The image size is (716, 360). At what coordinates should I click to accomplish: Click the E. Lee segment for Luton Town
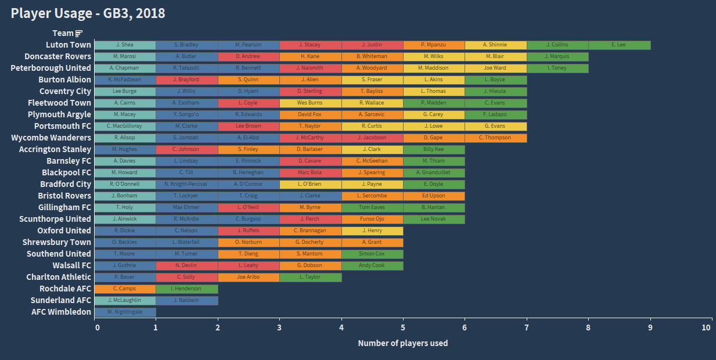619,45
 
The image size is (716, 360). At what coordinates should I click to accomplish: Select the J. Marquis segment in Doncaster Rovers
557,56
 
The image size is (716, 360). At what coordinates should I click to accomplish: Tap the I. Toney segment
557,68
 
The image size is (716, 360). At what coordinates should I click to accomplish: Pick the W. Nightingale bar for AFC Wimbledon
125,312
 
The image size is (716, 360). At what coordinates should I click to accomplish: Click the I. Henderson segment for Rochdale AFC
186,289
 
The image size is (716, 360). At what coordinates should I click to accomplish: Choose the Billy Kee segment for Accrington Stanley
434,149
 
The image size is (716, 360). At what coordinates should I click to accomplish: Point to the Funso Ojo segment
372,219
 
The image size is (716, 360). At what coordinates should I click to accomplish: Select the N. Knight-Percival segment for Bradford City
186,184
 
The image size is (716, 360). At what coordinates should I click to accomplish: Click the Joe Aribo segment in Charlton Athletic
249,277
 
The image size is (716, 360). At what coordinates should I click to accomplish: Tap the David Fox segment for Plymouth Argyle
310,114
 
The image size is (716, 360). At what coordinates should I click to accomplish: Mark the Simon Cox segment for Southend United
372,254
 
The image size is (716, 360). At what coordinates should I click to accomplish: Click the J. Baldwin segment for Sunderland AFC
186,300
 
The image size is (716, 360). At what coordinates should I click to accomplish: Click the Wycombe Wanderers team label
51,138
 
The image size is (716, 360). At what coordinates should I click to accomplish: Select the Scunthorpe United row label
55,219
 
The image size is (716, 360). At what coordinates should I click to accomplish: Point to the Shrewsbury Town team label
57,242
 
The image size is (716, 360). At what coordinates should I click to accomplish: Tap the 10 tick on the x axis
706,327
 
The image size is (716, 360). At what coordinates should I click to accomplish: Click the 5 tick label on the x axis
403,327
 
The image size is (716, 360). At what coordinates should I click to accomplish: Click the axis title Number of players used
403,343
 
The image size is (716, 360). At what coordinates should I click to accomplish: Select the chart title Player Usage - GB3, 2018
88,13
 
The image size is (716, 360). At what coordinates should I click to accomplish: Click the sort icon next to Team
80,33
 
